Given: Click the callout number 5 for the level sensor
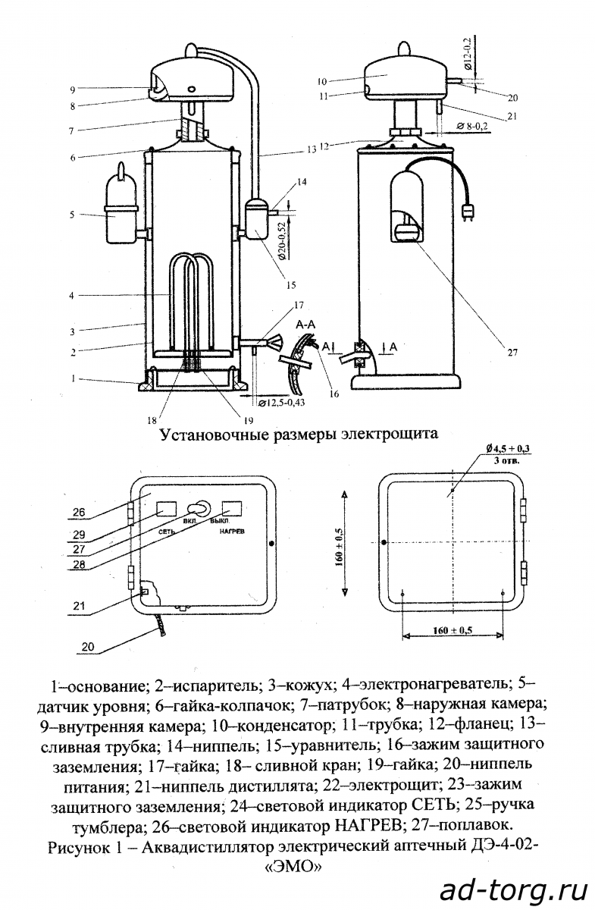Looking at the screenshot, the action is coord(72,214).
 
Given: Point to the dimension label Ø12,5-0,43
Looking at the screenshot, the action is coord(281,402).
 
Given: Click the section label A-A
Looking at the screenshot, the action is coord(305,325).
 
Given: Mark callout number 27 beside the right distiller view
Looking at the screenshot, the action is coord(512,352).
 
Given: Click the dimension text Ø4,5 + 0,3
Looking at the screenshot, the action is coord(508,449).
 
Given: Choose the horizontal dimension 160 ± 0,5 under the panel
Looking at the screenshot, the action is coord(453,630).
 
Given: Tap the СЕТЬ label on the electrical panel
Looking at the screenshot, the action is coord(167,532).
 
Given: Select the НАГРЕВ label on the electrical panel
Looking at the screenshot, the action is coord(232,531).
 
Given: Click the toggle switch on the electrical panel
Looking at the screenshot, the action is coord(199,508).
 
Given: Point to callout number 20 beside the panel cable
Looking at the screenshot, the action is coord(88,646).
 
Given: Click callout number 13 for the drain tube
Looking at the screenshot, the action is coord(311,149).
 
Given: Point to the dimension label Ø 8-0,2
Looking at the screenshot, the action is coord(472,126).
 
